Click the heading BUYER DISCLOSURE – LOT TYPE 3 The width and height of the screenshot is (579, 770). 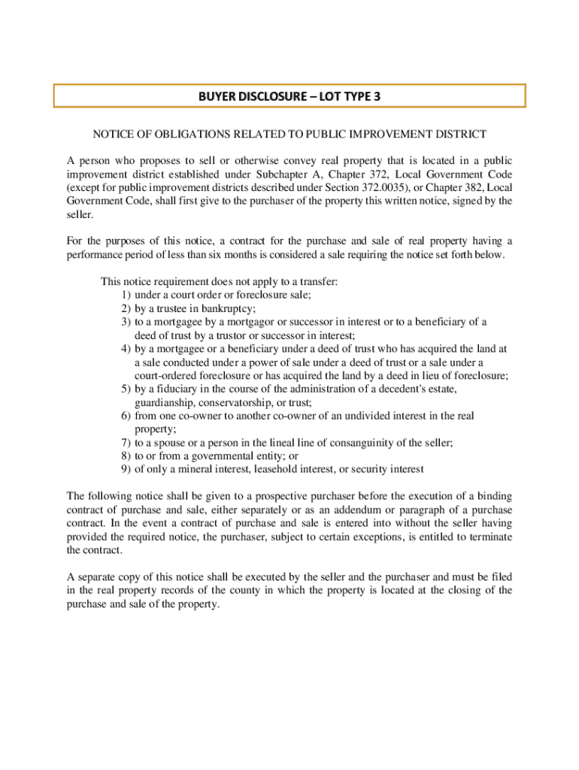point(289,96)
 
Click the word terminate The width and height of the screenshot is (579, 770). point(490,537)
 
